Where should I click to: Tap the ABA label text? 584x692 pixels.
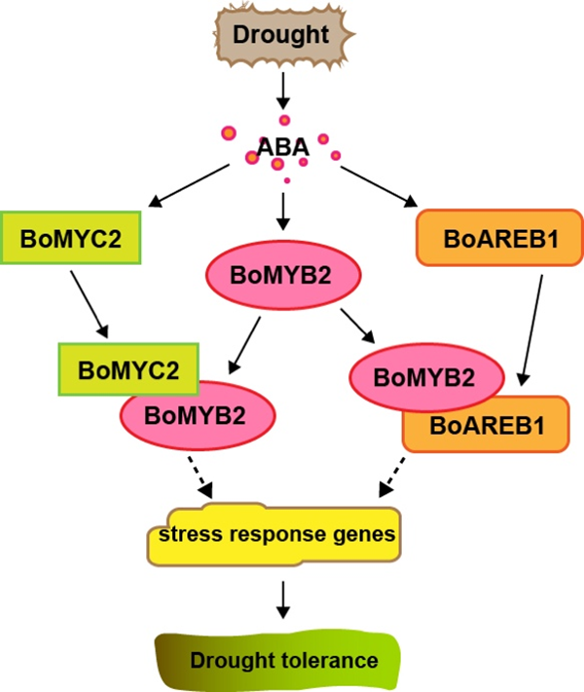coord(281,148)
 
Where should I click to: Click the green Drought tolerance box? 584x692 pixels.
coord(282,660)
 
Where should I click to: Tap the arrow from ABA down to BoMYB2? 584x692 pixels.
coord(281,208)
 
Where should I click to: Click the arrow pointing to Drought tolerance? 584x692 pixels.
coord(282,596)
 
